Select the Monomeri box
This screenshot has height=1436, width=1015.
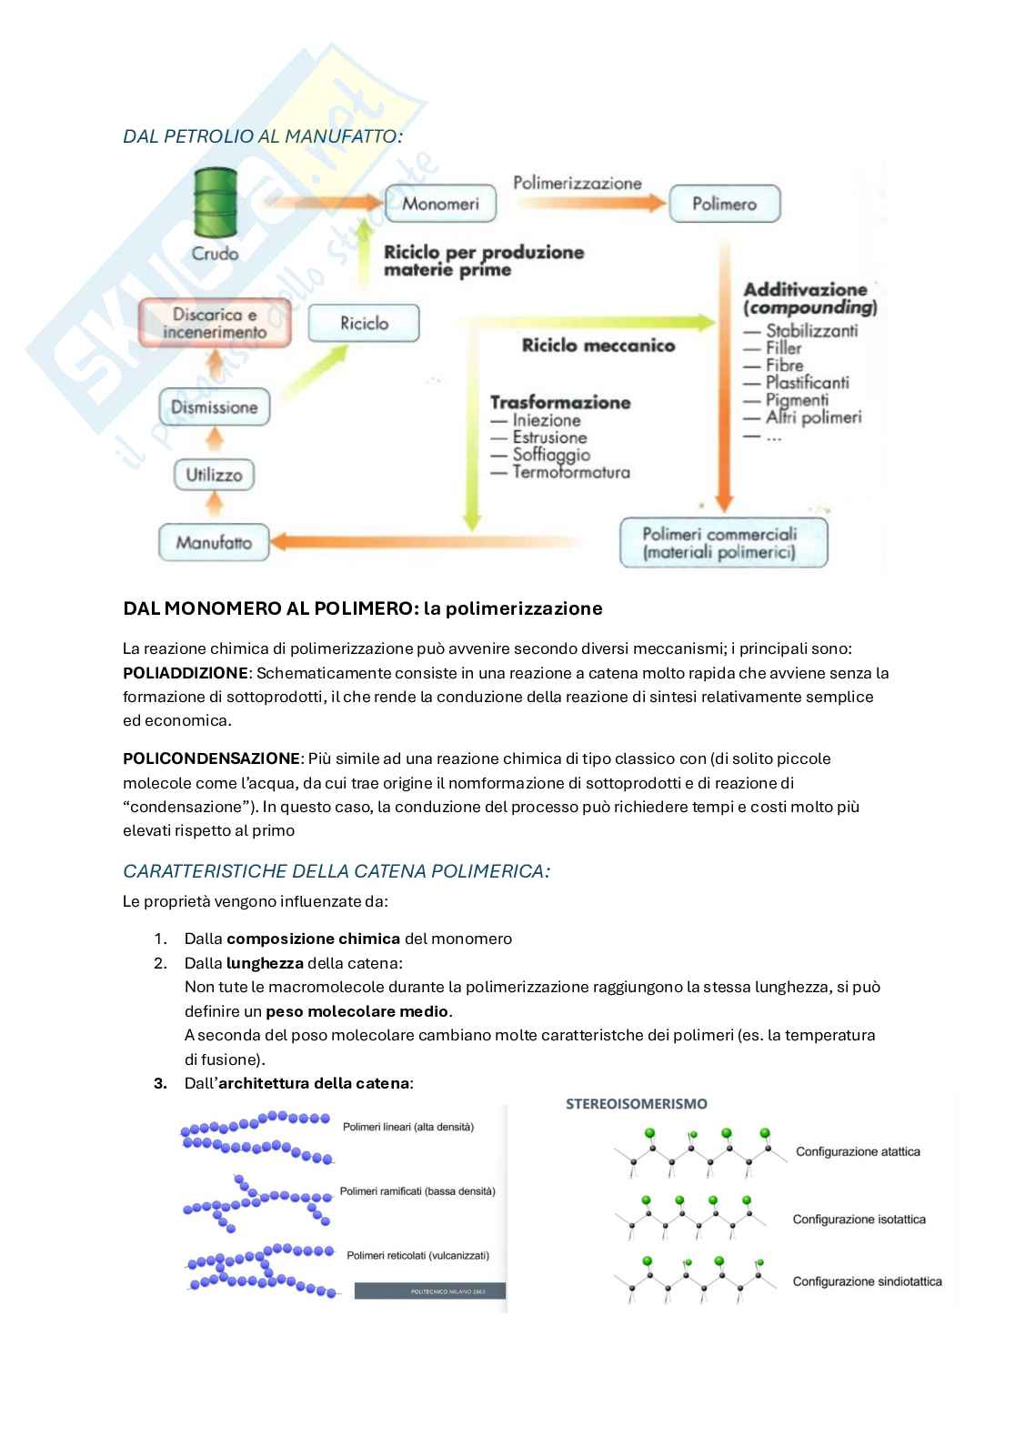pos(440,204)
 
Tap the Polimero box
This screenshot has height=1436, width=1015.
pos(724,204)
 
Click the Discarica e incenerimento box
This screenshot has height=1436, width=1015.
pos(215,323)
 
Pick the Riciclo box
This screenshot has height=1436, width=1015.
pos(364,323)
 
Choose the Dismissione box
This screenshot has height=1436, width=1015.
pos(215,407)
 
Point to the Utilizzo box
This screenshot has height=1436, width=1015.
pos(215,474)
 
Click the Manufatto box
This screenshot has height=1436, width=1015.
pos(215,543)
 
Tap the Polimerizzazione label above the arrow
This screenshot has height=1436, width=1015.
pos(578,183)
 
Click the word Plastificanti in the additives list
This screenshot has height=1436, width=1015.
pos(807,383)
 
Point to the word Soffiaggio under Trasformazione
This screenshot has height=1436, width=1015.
pos(551,455)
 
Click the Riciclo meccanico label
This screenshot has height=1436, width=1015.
pos(598,346)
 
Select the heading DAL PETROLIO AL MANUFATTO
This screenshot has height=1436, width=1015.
pos(262,136)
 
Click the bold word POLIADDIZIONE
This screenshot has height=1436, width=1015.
pos(185,673)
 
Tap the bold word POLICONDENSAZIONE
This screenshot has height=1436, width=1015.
pos(211,758)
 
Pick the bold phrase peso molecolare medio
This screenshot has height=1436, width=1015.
pos(357,1011)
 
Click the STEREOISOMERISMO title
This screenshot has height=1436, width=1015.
pos(637,1104)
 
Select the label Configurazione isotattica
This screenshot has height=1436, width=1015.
pos(859,1219)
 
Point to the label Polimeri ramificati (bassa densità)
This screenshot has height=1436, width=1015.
pos(417,1190)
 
